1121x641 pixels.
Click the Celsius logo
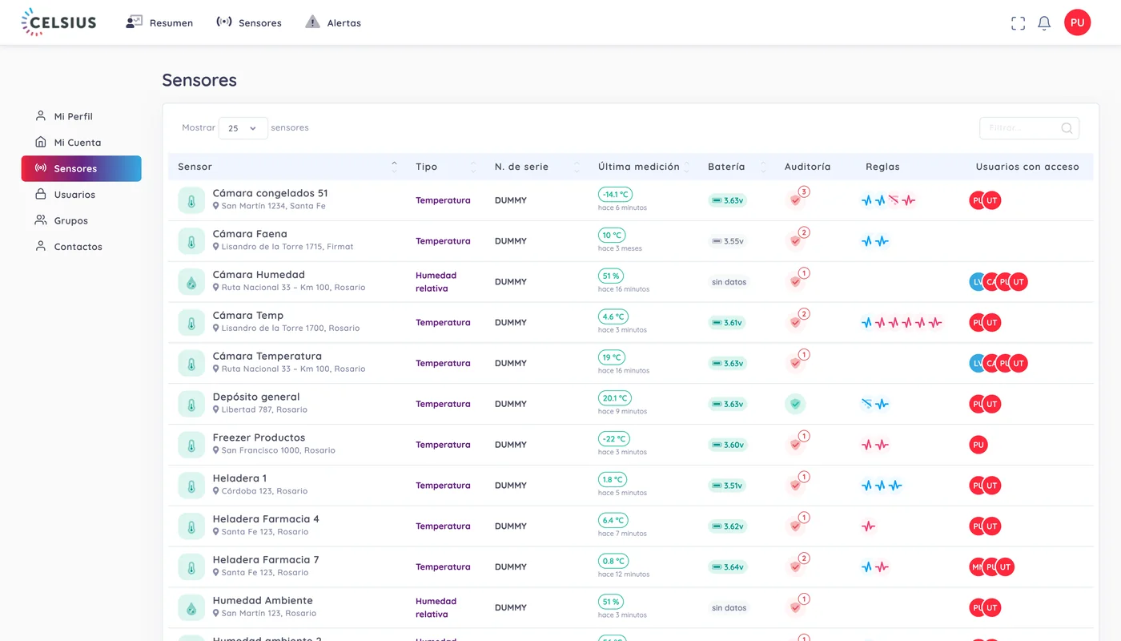58,22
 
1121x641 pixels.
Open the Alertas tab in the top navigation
333,22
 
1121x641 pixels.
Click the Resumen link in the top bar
159,22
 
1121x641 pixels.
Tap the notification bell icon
1044,23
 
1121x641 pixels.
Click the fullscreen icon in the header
1018,23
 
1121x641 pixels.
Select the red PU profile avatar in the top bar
1078,22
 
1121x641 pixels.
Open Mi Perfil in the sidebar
73,116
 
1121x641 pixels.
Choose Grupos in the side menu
70,220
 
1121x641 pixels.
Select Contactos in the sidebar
78,247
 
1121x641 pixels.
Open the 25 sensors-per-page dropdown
243,128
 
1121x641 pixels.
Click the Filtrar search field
1029,128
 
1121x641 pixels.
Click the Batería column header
726,167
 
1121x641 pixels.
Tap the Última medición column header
639,167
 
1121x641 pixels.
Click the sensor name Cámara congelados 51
271,193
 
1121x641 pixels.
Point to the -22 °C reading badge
614,439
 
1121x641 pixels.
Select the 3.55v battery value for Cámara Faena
728,241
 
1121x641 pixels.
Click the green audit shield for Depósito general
795,404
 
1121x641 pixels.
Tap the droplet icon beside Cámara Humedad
191,282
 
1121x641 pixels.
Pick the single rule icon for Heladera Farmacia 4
868,526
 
